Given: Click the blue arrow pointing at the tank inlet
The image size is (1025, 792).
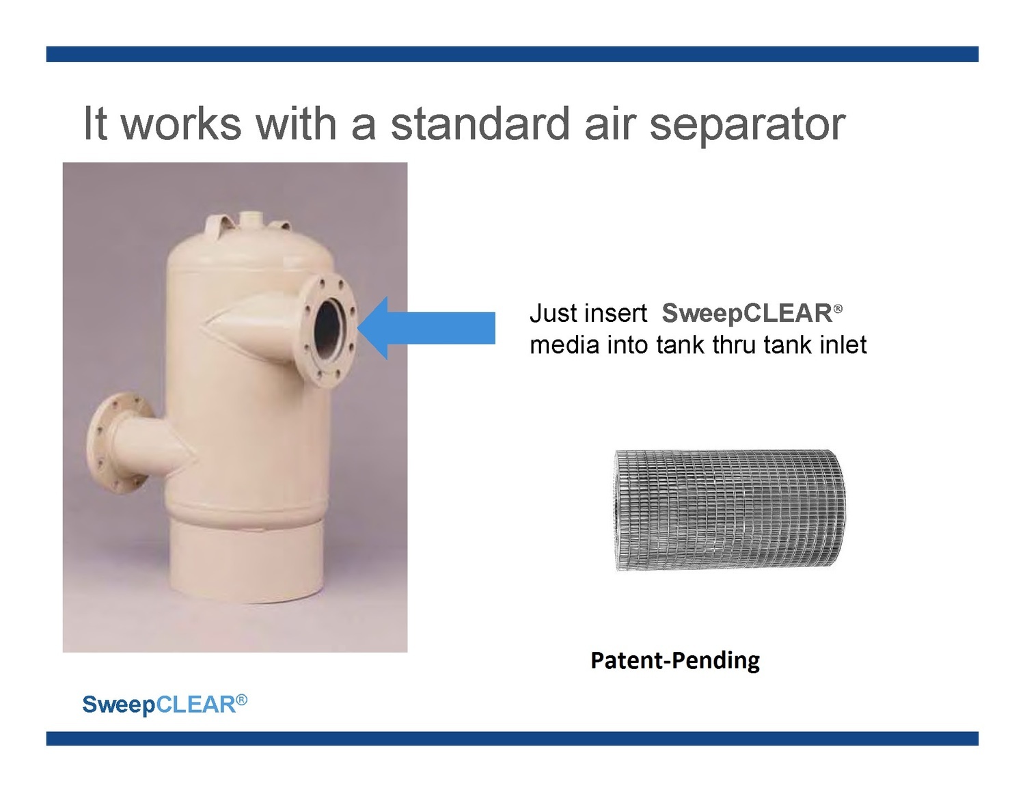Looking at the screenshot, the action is (x=426, y=328).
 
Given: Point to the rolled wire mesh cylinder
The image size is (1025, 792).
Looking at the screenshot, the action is (x=730, y=510).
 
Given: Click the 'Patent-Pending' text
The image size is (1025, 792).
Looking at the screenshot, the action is (x=675, y=660).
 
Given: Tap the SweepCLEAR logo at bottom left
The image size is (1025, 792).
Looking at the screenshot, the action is (x=165, y=705).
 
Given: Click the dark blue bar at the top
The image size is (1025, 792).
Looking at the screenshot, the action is (x=512, y=54).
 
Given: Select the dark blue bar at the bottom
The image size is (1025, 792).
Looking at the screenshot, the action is (x=512, y=738).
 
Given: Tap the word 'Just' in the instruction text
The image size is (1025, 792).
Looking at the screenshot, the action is (x=549, y=313).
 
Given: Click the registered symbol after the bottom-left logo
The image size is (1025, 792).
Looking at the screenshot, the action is (x=241, y=699).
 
